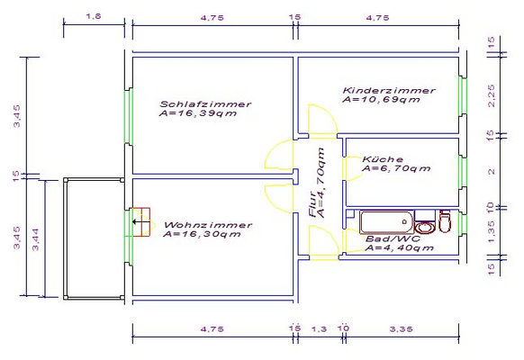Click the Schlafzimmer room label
click(205, 104)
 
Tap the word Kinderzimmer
click(389, 91)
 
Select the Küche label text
click(383, 159)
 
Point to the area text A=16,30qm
click(202, 234)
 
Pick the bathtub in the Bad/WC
click(386, 222)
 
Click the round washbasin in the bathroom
click(425, 228)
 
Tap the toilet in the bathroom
click(445, 221)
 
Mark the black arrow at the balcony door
click(140, 221)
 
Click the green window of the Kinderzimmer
click(463, 95)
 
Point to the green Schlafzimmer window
click(129, 116)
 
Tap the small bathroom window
click(463, 223)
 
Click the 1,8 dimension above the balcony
click(94, 16)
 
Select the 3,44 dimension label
click(35, 239)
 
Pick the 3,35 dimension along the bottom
click(401, 328)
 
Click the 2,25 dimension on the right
click(491, 95)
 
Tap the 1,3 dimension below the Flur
click(319, 329)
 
